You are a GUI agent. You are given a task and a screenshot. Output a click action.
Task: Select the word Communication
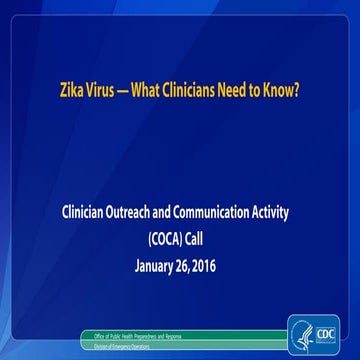click(x=230, y=212)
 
